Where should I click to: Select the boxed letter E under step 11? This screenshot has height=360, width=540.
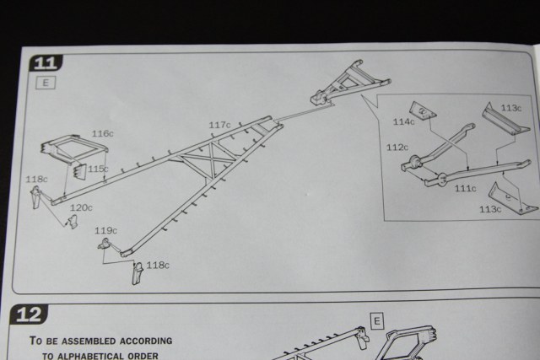point(46,83)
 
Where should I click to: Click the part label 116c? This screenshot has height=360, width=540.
point(102,134)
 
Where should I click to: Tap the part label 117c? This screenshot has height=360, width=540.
point(219,125)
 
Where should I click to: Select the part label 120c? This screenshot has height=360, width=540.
point(81,207)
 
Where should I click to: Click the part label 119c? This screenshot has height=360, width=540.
point(105,230)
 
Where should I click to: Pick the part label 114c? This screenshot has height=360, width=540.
point(403,121)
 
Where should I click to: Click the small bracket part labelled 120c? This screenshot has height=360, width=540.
point(73,221)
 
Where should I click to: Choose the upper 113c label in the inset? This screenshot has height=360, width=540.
point(511,108)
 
